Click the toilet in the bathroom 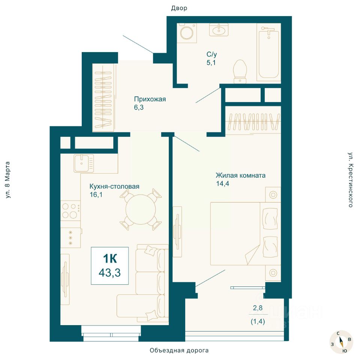tap(240, 72)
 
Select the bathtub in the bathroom tap(268, 54)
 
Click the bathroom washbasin tap(219, 30)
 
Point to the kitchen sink tap(84, 163)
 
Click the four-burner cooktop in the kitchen tap(70, 211)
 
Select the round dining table tap(141, 209)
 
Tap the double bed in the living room tap(246, 234)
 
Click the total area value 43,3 tap(109, 273)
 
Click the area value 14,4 tap(222, 184)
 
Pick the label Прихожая tap(150, 99)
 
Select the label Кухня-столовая tap(114, 186)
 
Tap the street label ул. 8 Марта tap(7, 180)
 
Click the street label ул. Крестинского tap(350, 180)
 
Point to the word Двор tap(179, 8)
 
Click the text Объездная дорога tap(179, 350)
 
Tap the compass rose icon tap(341, 342)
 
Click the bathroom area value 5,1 tap(211, 63)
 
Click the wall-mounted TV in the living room tap(177, 231)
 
